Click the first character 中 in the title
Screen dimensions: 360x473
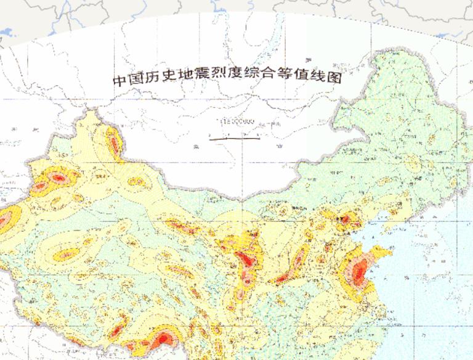[x=119, y=80]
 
